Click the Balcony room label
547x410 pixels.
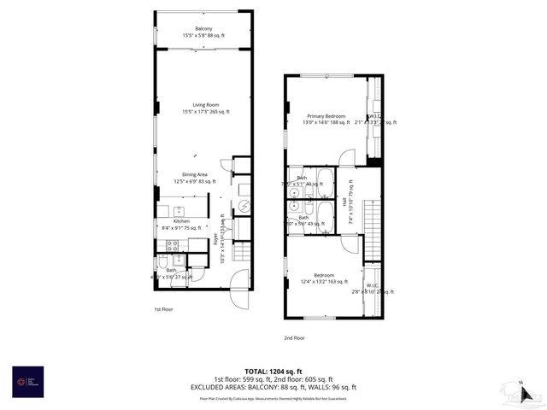pyautogui.click(x=203, y=29)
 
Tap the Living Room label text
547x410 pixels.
pyautogui.click(x=205, y=105)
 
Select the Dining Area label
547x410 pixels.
pyautogui.click(x=196, y=174)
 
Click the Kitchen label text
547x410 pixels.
pyautogui.click(x=181, y=221)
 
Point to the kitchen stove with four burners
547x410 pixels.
pyautogui.click(x=172, y=245)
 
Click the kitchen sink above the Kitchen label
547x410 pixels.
pyautogui.click(x=181, y=210)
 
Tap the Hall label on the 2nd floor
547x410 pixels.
pyautogui.click(x=345, y=202)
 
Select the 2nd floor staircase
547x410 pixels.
pyautogui.click(x=371, y=226)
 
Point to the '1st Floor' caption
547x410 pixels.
pyautogui.click(x=164, y=308)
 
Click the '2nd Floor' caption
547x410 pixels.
pyautogui.click(x=294, y=337)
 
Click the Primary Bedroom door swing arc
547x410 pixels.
pyautogui.click(x=348, y=157)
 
